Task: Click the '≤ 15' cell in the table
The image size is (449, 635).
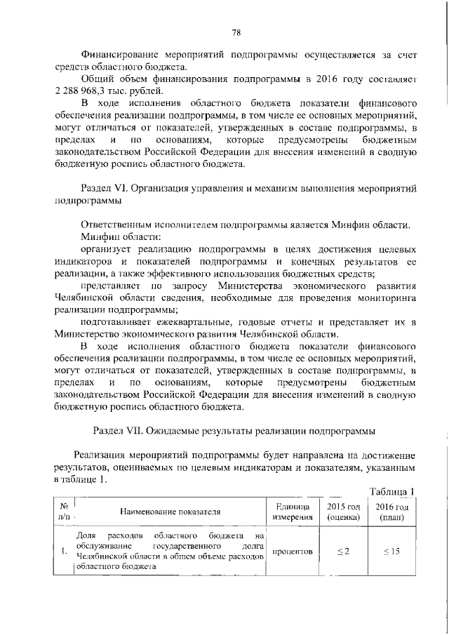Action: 391,552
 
